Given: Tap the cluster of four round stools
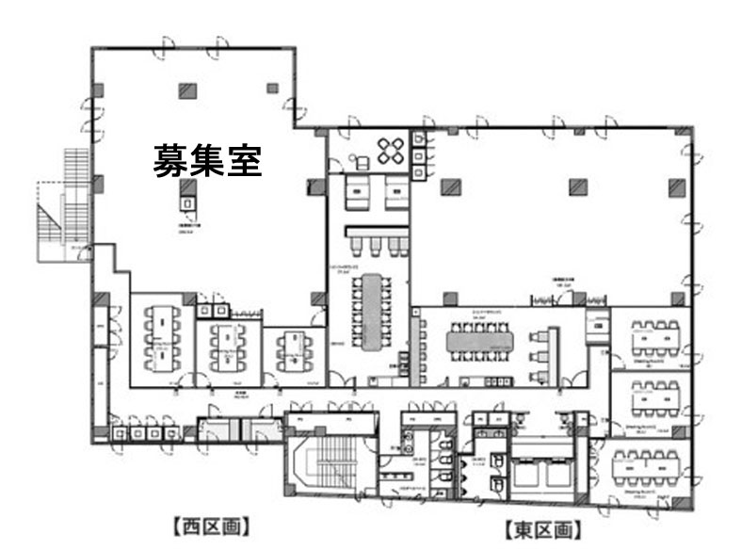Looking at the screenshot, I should (391, 149).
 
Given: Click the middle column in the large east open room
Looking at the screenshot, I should (577, 186).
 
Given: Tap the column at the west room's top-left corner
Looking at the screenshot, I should (98, 89).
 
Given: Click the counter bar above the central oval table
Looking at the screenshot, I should (376, 230).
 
